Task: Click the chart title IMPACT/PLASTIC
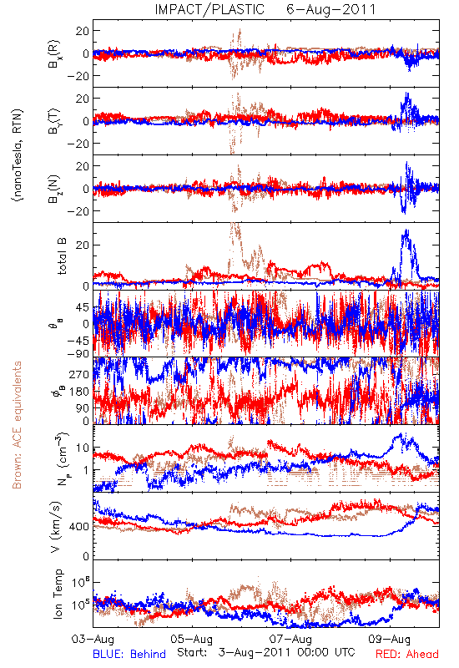coord(209,9)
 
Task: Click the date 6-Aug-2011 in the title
coord(331,9)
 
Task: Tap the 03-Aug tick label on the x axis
coord(93,640)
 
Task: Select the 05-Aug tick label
coord(192,640)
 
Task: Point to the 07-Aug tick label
coord(290,640)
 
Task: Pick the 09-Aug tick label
coord(390,640)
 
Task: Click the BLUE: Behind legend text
coord(129,655)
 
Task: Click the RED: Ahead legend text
coord(407,655)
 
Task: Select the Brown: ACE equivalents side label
coord(17,425)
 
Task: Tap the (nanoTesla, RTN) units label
coord(18,155)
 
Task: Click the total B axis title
coord(62,256)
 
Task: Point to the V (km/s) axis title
coord(56,528)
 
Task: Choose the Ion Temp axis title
coord(58,594)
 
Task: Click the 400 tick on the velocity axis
coord(79,527)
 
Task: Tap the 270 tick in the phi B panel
coord(79,375)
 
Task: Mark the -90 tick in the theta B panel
coord(78,353)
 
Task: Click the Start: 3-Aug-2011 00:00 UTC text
coord(266,653)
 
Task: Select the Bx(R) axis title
coord(54,53)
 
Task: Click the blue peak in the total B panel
coord(406,230)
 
